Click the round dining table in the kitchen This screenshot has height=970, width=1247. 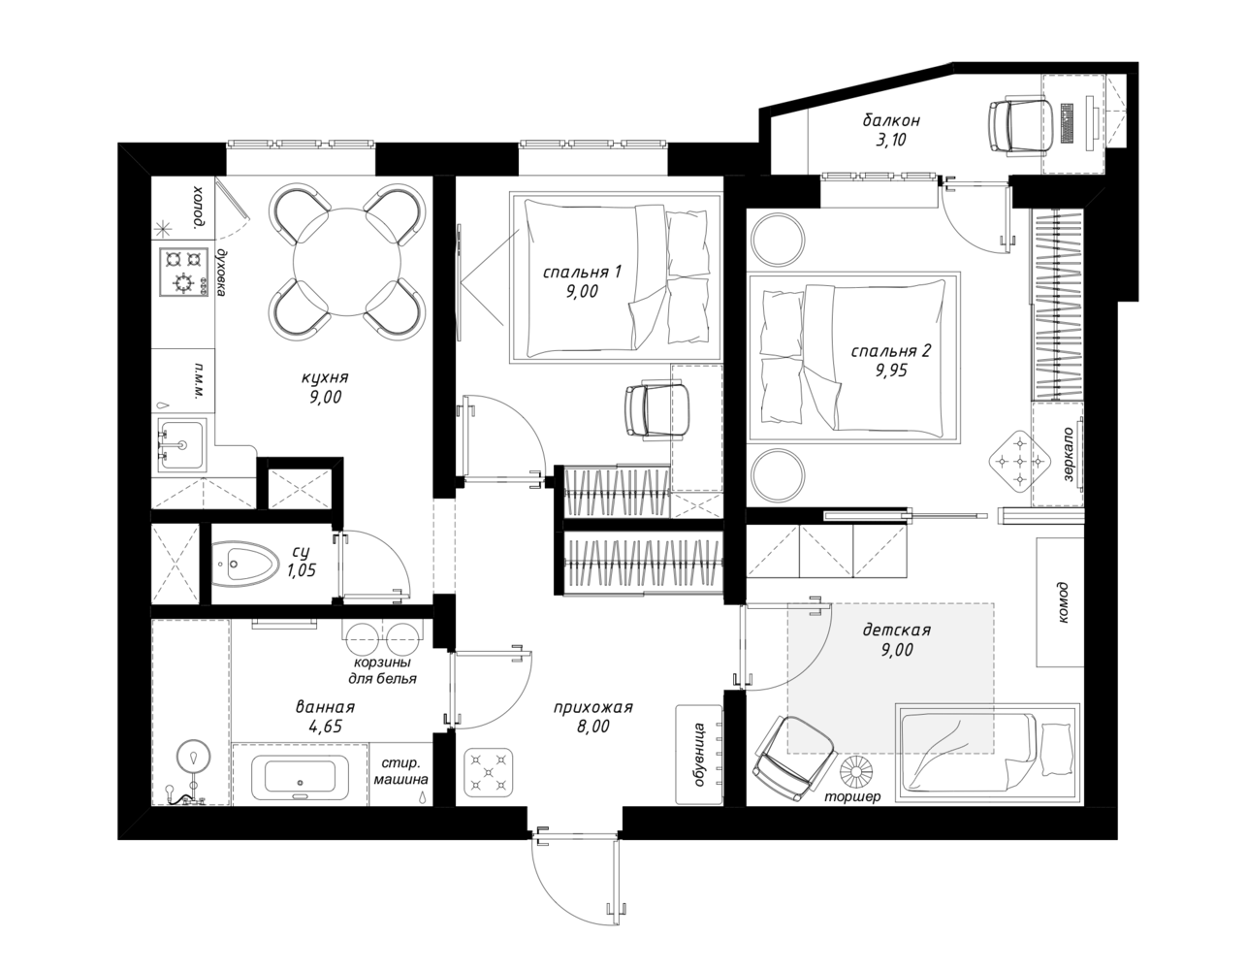tap(348, 262)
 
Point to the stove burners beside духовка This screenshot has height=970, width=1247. tap(183, 272)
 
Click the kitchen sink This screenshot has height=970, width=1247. tap(180, 444)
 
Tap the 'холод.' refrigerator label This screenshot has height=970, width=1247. tap(198, 208)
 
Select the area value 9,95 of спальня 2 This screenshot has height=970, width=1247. tap(891, 371)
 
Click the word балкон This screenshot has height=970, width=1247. tap(891, 120)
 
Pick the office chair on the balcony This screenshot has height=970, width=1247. tap(1020, 127)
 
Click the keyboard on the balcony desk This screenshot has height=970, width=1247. tap(1068, 123)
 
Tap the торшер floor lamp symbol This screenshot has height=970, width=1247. tap(857, 771)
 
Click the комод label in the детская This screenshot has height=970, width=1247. tap(1063, 603)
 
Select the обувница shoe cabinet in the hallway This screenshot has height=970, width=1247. tap(699, 755)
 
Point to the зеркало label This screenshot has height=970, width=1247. tap(1068, 453)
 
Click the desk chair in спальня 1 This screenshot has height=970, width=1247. tap(657, 410)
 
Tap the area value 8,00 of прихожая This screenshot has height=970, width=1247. tap(593, 727)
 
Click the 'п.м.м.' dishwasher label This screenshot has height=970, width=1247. tap(201, 379)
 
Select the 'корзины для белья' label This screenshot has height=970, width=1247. tap(382, 670)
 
